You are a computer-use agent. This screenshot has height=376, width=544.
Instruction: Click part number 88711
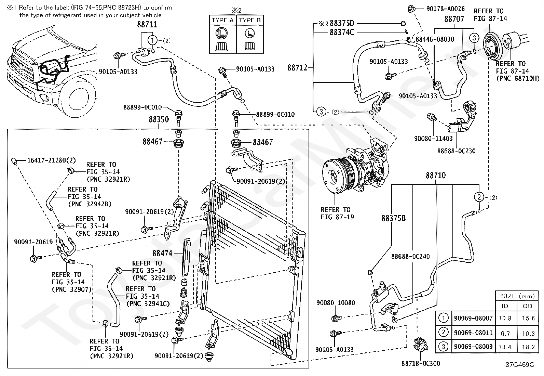point(147,24)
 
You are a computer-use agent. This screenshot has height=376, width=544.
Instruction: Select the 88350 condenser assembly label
point(159,119)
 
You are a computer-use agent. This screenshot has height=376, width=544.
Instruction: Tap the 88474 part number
point(162,254)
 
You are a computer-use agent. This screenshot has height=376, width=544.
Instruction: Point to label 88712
point(298,68)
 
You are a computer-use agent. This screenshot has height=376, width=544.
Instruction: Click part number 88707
point(454,19)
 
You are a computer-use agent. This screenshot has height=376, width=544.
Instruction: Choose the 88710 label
point(436,176)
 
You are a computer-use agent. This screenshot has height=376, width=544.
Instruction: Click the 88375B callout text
point(393,218)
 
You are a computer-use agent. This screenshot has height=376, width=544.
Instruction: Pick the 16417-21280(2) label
point(52,160)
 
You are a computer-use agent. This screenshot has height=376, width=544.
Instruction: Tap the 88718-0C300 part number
point(421,364)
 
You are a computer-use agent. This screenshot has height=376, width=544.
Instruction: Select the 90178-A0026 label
point(445,9)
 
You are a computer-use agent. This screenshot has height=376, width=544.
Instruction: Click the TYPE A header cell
point(222,20)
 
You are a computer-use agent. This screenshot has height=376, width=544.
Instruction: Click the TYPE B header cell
point(250,20)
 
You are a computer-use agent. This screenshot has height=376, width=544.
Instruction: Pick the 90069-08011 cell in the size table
point(473,333)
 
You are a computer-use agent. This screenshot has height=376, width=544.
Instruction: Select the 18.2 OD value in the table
point(528,347)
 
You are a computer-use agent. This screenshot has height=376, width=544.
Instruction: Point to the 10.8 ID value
point(505,318)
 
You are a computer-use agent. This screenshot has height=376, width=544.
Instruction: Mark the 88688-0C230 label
point(456,151)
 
